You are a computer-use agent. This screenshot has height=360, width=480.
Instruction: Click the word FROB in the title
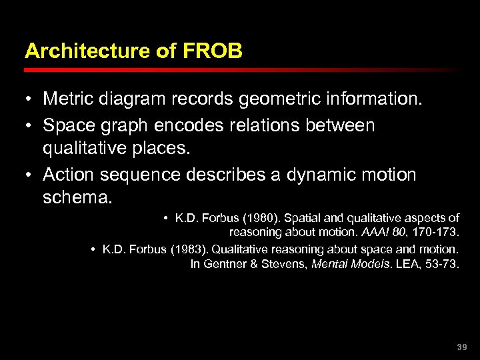[219, 51]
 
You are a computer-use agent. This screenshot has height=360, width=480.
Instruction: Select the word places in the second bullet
[161, 149]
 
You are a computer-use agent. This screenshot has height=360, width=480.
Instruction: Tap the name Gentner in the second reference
[223, 263]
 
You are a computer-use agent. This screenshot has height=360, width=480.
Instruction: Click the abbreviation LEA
[405, 263]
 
